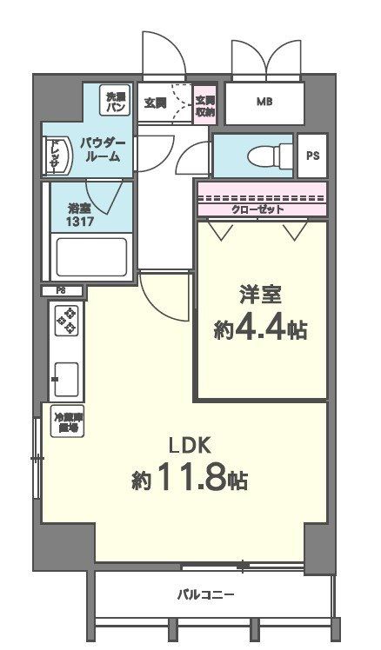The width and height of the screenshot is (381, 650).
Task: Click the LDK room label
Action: click(x=190, y=445)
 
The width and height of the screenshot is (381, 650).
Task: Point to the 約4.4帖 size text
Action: click(x=260, y=330)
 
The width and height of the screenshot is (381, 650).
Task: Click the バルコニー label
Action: click(x=205, y=594)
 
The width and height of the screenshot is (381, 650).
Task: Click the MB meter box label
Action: click(x=264, y=103)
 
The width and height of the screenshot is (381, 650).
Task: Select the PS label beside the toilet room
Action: click(x=311, y=156)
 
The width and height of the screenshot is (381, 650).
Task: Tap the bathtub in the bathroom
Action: click(x=90, y=257)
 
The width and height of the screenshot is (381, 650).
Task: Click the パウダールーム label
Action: click(x=103, y=149)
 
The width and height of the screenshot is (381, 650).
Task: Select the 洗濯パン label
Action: click(x=115, y=102)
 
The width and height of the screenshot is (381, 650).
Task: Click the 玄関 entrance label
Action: click(x=156, y=103)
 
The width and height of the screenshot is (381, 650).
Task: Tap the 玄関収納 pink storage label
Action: click(x=205, y=104)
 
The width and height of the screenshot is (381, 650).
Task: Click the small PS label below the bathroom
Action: click(x=61, y=290)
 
